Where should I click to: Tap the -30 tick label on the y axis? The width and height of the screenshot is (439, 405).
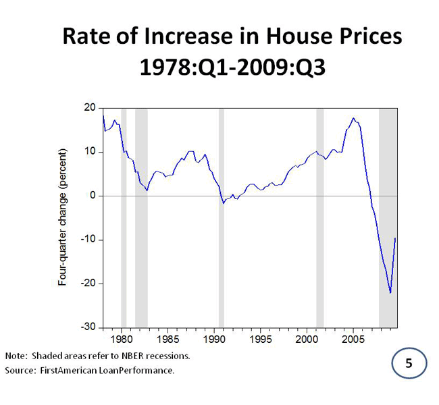(88, 327)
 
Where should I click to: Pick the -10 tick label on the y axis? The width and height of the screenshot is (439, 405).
(88, 240)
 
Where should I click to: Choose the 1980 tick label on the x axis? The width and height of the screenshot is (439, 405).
(122, 338)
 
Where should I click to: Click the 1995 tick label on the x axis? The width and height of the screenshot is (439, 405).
(261, 338)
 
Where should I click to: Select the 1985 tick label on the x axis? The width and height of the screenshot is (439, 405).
(168, 338)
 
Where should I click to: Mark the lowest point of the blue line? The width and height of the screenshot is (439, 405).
(390, 292)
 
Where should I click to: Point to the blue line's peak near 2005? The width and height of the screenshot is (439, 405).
(353, 118)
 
